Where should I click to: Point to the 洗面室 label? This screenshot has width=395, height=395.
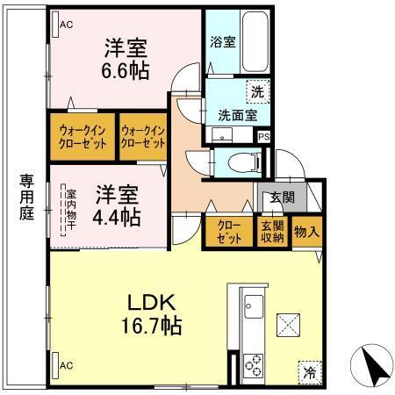tap(236, 113)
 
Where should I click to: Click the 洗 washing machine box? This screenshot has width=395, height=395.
tap(258, 90)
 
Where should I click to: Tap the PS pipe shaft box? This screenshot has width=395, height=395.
tap(263, 135)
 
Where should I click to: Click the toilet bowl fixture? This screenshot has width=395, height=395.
tap(241, 162)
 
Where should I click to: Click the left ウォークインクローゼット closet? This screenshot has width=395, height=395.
tap(83, 136)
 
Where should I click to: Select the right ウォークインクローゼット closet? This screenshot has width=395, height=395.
tap(142, 136)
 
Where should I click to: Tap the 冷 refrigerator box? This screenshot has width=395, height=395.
tap(310, 371)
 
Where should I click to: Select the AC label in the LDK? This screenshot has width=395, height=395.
tap(65, 363)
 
